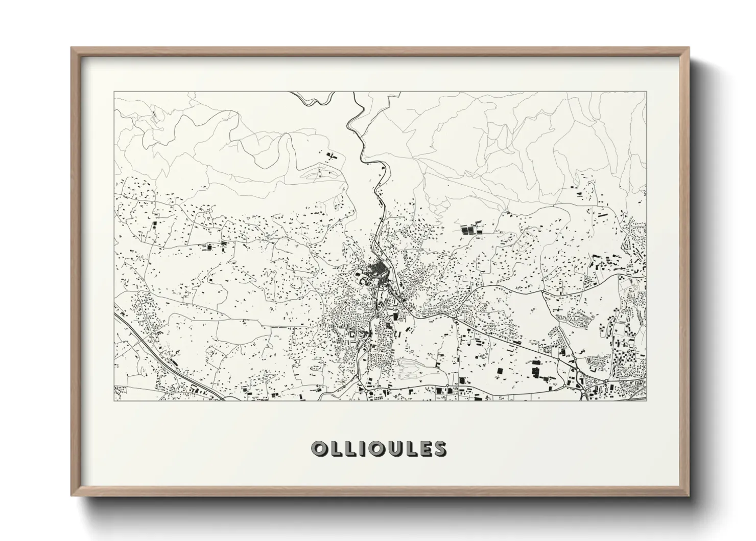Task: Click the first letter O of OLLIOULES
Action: [319, 448]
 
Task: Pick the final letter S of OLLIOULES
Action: [439, 448]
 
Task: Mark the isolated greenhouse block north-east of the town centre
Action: [468, 229]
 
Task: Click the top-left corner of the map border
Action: [114, 92]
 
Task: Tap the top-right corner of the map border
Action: [646, 92]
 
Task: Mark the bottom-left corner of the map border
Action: [114, 401]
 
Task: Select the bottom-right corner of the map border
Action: [646, 401]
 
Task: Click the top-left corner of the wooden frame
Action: [71, 48]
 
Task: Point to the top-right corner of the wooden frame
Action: [689, 48]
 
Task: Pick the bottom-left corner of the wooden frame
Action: [71, 496]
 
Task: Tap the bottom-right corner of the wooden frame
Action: [689, 496]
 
